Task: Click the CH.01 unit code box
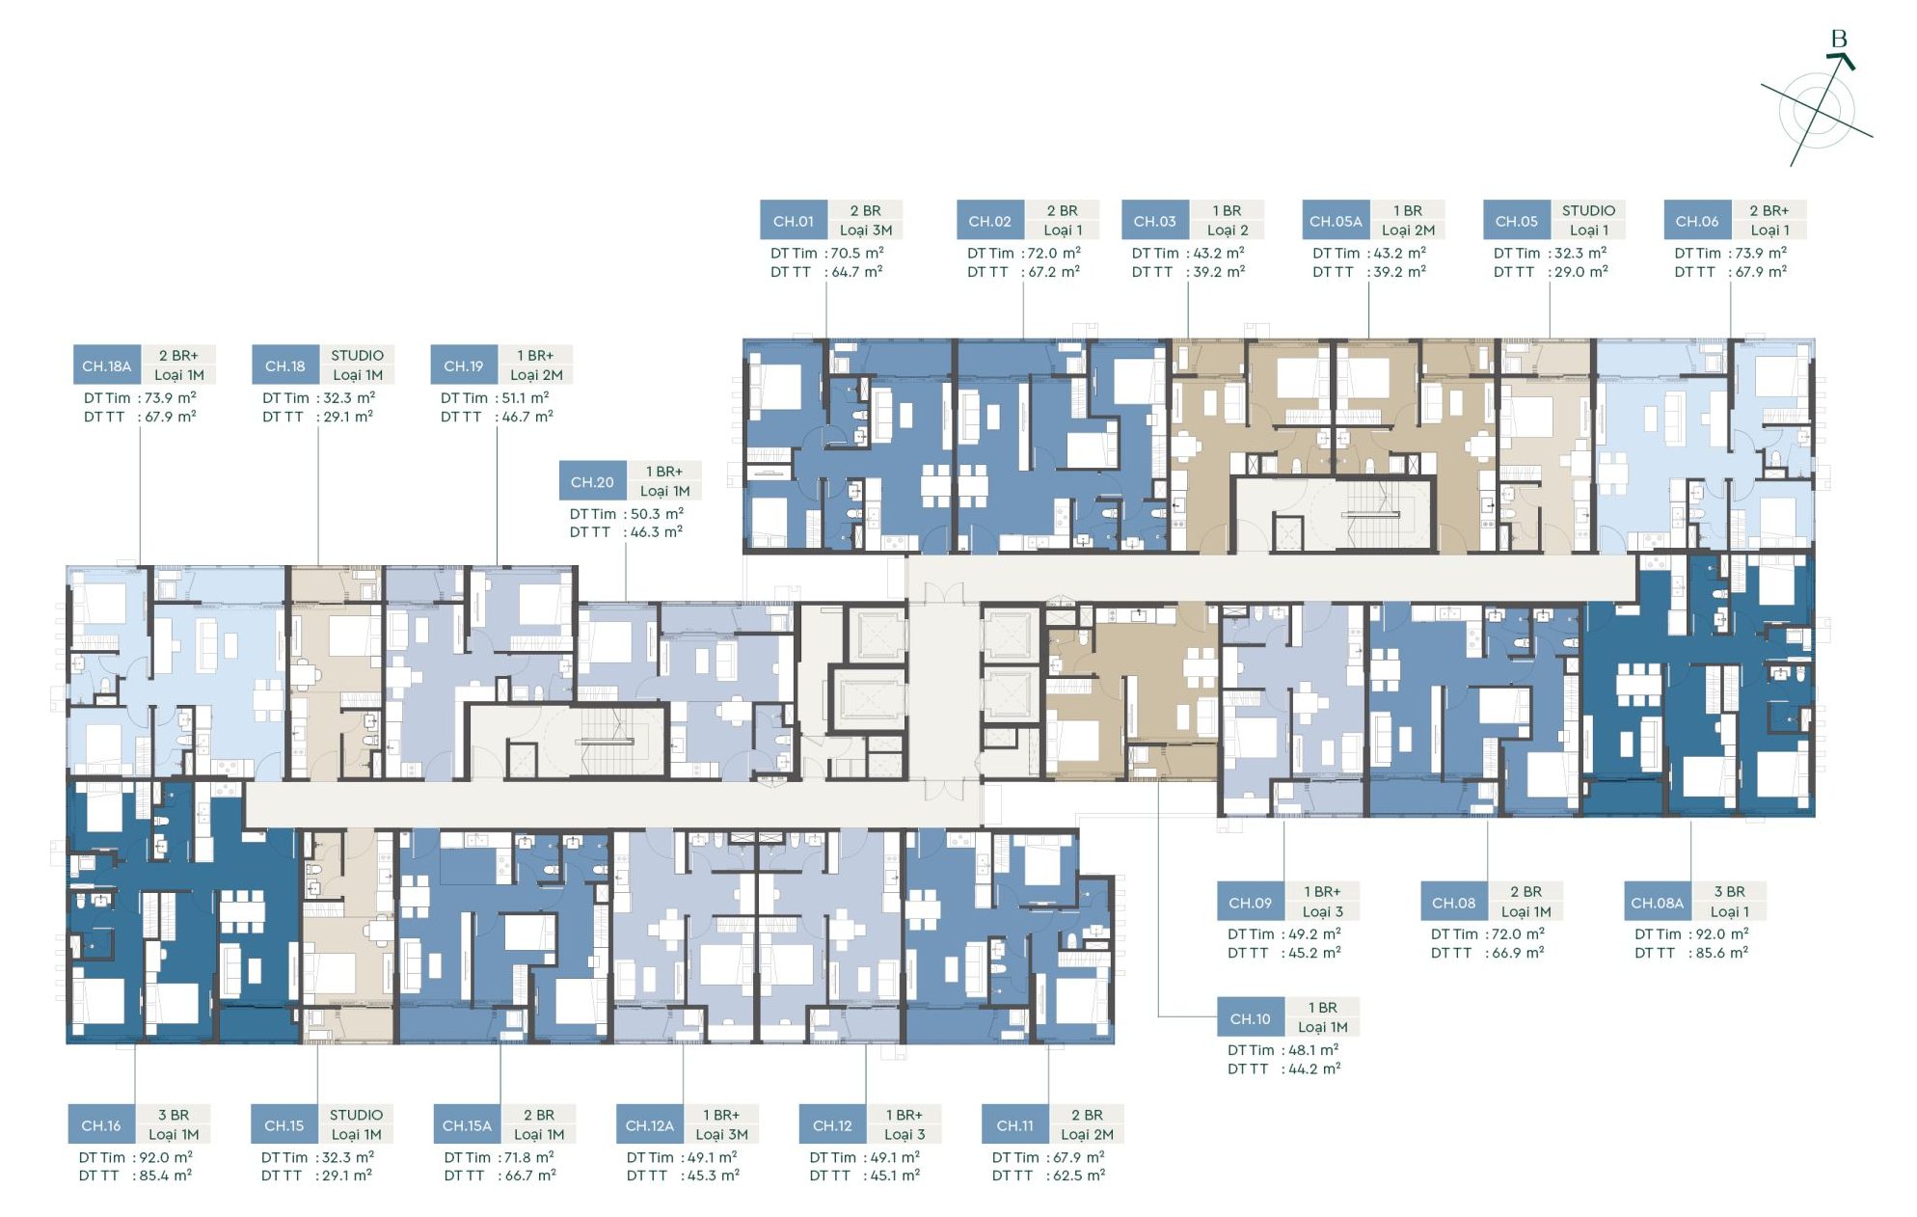click(794, 221)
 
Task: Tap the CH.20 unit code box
click(592, 481)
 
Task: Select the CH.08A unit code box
click(1657, 903)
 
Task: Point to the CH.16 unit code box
click(101, 1125)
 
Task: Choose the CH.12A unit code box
click(650, 1125)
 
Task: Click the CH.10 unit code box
click(1251, 1018)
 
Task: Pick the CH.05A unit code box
click(1336, 221)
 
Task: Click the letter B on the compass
click(1839, 40)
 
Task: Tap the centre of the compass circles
click(1818, 110)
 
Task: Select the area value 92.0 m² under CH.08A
click(1722, 933)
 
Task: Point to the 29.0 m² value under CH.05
click(1581, 272)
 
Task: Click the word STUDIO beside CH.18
click(357, 355)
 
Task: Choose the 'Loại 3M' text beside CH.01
click(866, 230)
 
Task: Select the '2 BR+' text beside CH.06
click(1769, 210)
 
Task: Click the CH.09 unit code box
click(1251, 903)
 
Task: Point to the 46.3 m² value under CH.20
click(657, 532)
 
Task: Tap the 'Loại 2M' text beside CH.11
click(1088, 1135)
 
